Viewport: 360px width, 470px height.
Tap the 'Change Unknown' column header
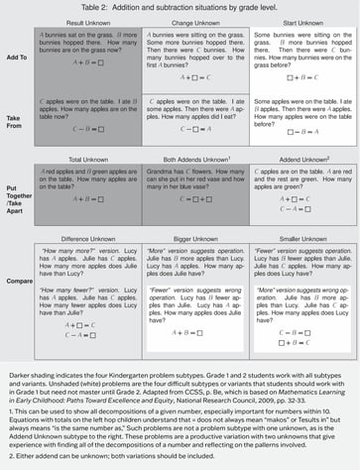pos(194,20)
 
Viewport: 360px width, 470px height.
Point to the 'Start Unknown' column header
pos(300,20)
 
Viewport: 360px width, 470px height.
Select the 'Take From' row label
pos(17,118)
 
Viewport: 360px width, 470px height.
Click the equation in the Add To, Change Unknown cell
pos(194,74)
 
